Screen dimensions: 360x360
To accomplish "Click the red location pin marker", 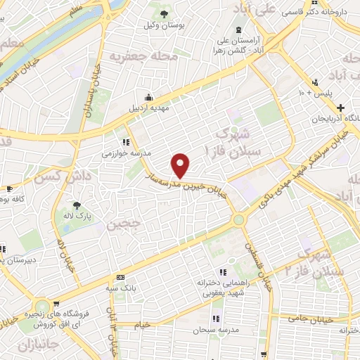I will tap(181, 165).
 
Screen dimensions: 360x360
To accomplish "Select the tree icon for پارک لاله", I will tap(77, 206).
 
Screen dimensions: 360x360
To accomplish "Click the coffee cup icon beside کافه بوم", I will tap(8, 188).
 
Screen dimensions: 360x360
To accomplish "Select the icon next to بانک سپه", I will tap(121, 278).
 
